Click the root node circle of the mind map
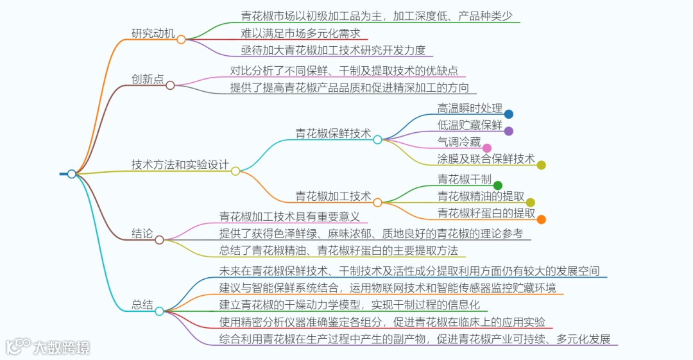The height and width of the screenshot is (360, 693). click(71, 174)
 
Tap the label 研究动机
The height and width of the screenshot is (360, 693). click(153, 34)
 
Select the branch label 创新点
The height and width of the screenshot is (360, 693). click(148, 80)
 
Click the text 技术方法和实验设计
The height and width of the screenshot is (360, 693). click(180, 165)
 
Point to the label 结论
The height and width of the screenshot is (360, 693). click(142, 234)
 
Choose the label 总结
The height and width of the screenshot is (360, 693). click(142, 305)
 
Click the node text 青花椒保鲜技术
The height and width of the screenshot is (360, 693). click(333, 133)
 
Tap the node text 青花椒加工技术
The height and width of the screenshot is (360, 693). click(333, 196)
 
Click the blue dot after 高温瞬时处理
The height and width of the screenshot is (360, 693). click(509, 114)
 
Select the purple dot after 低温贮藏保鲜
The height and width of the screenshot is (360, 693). click(509, 131)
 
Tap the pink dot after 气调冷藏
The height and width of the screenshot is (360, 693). click(487, 148)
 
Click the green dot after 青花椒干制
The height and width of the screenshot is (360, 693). click(498, 185)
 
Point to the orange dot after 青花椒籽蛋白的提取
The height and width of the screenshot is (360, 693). click(542, 219)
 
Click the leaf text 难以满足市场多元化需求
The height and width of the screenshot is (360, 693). click(300, 33)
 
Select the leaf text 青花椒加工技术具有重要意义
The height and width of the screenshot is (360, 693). click(289, 217)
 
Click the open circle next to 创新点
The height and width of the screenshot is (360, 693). click(170, 85)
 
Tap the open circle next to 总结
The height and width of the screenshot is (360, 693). click(159, 311)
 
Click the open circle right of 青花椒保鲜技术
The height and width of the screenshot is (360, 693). click(377, 139)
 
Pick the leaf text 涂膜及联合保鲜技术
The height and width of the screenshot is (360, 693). click(486, 159)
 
